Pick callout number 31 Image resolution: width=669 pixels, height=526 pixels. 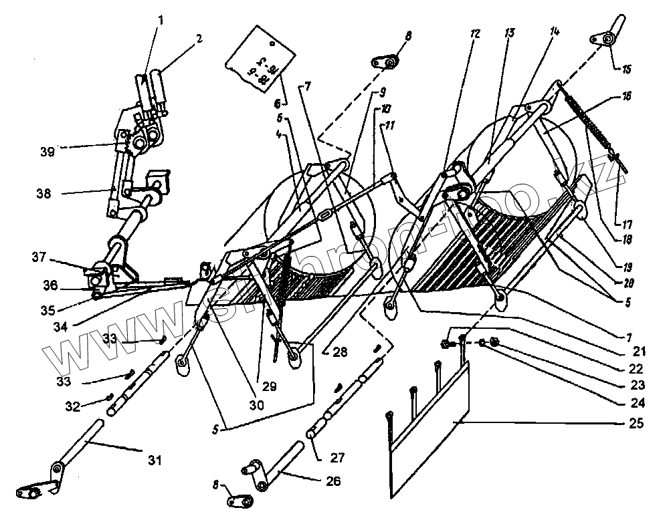pyautogui.click(x=155, y=460)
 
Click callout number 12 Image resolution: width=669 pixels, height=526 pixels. pyautogui.click(x=476, y=33)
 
